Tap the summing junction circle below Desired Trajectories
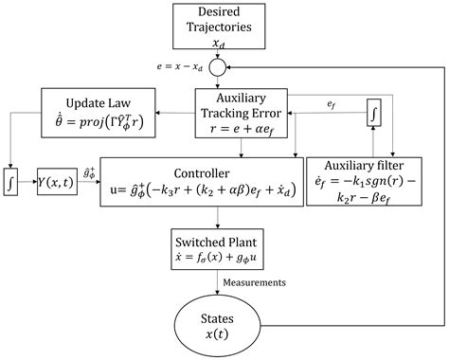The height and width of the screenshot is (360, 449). (220, 68)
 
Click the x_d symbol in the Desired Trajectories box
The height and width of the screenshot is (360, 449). (220, 43)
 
